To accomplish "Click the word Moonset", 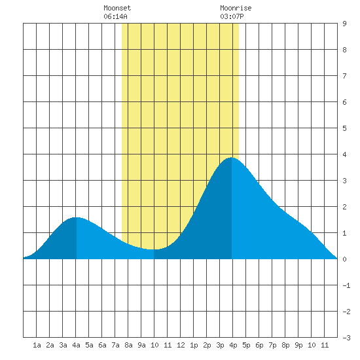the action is [117, 8].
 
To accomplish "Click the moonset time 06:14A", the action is [115, 16].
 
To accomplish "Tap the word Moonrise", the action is [236, 8].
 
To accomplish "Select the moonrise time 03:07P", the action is [232, 16].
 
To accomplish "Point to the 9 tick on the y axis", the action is [344, 24].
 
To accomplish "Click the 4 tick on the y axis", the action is [344, 154].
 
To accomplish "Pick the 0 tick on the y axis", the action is [344, 259].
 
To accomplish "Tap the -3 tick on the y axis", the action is [346, 338].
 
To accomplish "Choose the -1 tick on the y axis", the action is [346, 285].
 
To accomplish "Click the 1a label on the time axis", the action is [37, 345].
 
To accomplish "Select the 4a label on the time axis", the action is [76, 345].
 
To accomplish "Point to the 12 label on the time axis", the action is [181, 345].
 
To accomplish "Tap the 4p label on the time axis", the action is [233, 345].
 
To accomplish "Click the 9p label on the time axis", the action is [298, 345].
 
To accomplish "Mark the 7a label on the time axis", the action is [115, 345].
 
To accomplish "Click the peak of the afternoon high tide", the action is [232, 158].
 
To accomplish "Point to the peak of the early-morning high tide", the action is [76, 217].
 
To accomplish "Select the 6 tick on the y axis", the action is [344, 102].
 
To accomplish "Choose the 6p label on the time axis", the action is [259, 345].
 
